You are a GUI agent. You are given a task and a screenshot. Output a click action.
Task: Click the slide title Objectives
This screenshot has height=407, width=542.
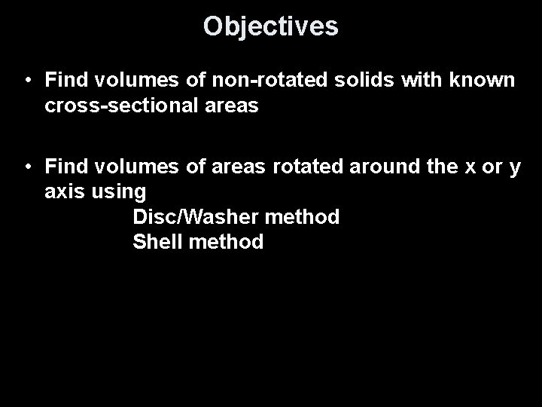click(270, 27)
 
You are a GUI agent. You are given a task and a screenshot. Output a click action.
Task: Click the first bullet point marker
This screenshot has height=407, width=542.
click(26, 79)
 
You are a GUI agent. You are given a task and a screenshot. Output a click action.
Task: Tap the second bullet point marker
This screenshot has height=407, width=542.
click(26, 167)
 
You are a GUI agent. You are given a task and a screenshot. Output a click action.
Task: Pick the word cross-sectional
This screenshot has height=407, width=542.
click(122, 106)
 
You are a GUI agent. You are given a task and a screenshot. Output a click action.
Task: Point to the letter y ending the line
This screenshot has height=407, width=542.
click(515, 170)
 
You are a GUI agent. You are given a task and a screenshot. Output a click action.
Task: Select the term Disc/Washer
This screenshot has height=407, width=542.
click(195, 217)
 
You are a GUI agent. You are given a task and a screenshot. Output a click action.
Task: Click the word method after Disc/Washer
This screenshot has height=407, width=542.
click(302, 217)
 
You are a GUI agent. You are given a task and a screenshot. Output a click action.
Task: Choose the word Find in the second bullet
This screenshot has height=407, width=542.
click(65, 167)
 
